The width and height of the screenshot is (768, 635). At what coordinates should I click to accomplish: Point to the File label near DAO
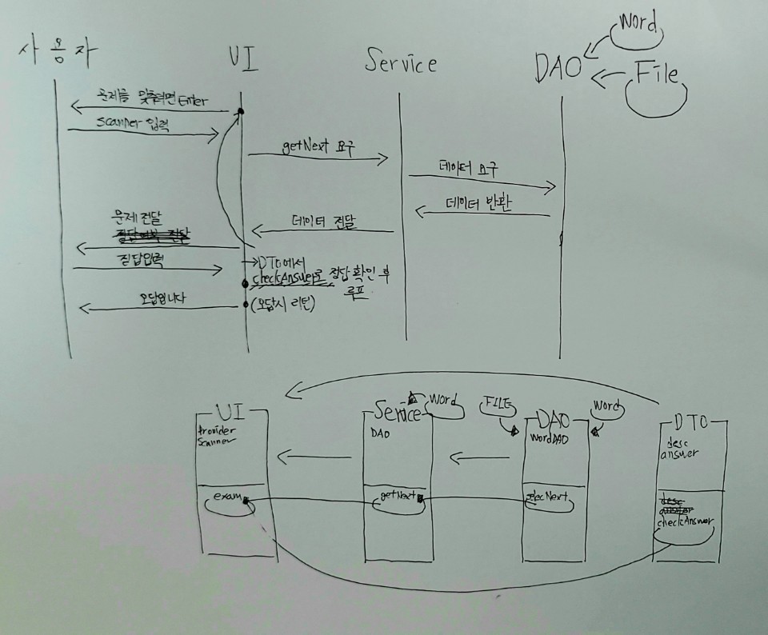tap(656, 75)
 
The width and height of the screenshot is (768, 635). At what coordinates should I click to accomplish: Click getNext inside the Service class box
tap(396, 497)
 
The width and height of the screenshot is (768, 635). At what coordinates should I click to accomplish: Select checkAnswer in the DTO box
tap(686, 521)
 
